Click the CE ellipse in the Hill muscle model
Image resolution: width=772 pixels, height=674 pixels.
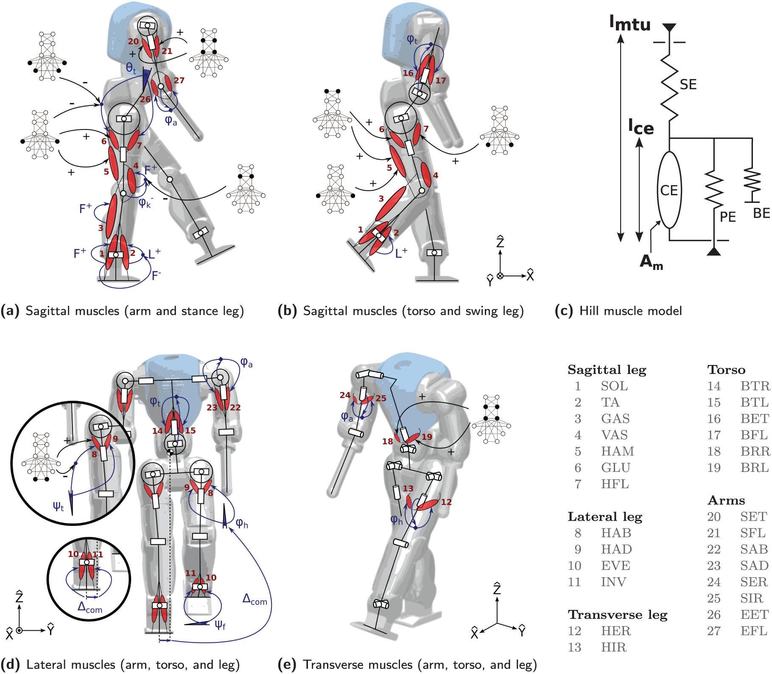click(669, 190)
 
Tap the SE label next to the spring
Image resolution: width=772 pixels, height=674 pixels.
click(688, 84)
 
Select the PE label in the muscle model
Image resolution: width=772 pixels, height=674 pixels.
click(727, 217)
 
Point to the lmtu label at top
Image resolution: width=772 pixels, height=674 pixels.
click(630, 23)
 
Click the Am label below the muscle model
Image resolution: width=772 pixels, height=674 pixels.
click(652, 262)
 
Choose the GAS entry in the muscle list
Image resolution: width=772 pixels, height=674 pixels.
click(615, 418)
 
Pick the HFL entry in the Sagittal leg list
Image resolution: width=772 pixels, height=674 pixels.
click(615, 484)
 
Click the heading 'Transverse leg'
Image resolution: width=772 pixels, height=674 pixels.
click(618, 615)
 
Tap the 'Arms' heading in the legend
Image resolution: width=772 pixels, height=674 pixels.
click(726, 500)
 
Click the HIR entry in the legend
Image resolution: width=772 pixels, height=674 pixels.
click(613, 647)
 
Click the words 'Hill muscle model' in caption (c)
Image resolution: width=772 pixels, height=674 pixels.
click(630, 311)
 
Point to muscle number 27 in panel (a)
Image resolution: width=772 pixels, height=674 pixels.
click(179, 80)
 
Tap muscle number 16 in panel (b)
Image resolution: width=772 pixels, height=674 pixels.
click(408, 73)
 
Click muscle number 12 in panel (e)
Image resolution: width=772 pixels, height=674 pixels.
click(446, 502)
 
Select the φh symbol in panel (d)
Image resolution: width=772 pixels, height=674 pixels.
click(242, 523)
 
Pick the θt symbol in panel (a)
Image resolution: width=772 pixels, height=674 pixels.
click(131, 68)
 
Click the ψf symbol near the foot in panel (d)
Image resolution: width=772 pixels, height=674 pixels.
click(220, 625)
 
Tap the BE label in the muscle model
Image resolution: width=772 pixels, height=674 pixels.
click(761, 213)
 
